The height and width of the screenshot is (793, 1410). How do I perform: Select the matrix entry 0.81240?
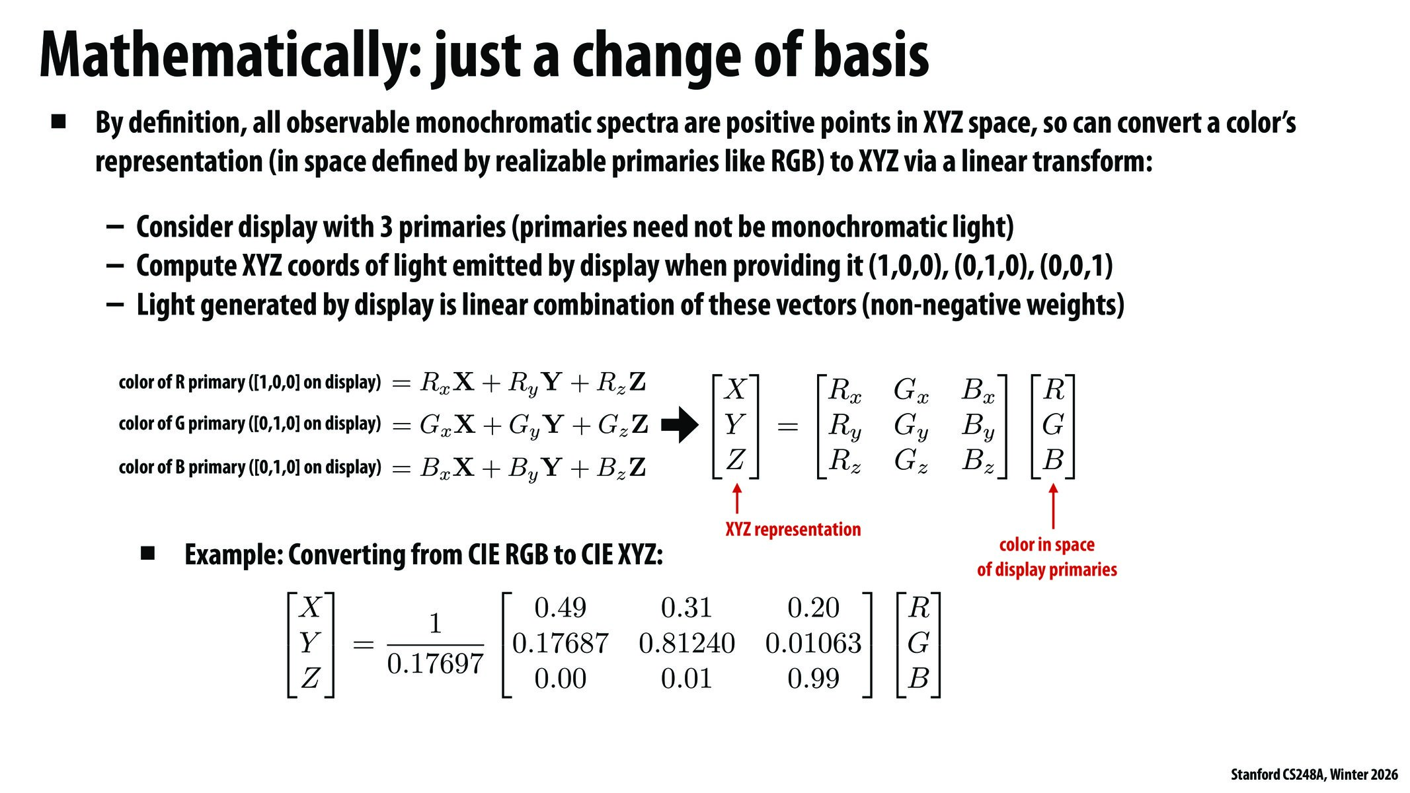coord(686,643)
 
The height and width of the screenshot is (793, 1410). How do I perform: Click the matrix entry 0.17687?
coord(560,643)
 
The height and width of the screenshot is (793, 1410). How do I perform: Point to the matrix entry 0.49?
coord(560,608)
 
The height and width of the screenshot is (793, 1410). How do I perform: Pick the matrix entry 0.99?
coord(813,679)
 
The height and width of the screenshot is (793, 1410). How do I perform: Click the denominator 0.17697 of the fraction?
coord(435,663)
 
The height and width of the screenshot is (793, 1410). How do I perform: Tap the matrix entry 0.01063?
coord(813,643)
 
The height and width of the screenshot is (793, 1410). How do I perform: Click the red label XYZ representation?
coord(793,529)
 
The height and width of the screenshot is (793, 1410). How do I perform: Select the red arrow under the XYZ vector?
coord(736,499)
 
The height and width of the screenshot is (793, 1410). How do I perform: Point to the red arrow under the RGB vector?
coord(1053,506)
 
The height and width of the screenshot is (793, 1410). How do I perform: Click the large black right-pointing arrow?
coord(679,425)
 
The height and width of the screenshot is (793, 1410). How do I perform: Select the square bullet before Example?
coord(147,553)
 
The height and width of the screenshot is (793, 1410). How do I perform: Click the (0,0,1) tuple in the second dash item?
coord(1076,266)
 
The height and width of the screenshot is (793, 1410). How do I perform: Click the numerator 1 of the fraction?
coord(435,623)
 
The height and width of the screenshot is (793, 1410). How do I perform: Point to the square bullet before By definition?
coord(59,122)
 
